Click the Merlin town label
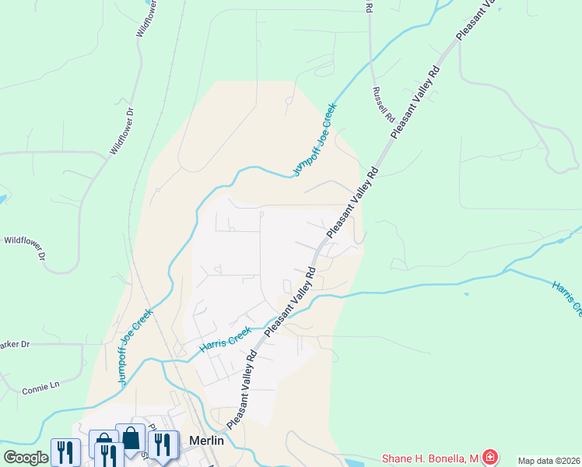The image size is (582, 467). point(206,441)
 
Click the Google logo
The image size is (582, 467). point(26,458)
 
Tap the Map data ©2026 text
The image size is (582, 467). point(549,461)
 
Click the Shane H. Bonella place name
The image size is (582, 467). point(429,458)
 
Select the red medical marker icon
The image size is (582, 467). point(489,457)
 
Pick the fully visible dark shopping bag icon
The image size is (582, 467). point(130,438)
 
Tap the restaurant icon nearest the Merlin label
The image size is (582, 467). point(163,445)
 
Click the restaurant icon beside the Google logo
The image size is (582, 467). point(65,452)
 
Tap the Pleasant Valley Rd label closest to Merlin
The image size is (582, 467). point(243,389)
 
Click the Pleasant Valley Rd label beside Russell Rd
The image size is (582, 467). point(416,102)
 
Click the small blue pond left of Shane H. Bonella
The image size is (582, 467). point(466,294)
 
